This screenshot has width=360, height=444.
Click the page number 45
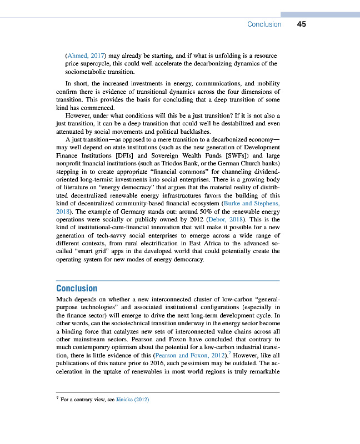tap(302, 24)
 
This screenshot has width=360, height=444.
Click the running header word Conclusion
tap(264, 24)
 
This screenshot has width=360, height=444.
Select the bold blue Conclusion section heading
tap(77, 288)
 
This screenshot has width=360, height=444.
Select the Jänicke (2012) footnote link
tap(134, 400)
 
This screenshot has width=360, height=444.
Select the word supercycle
tap(99, 64)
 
